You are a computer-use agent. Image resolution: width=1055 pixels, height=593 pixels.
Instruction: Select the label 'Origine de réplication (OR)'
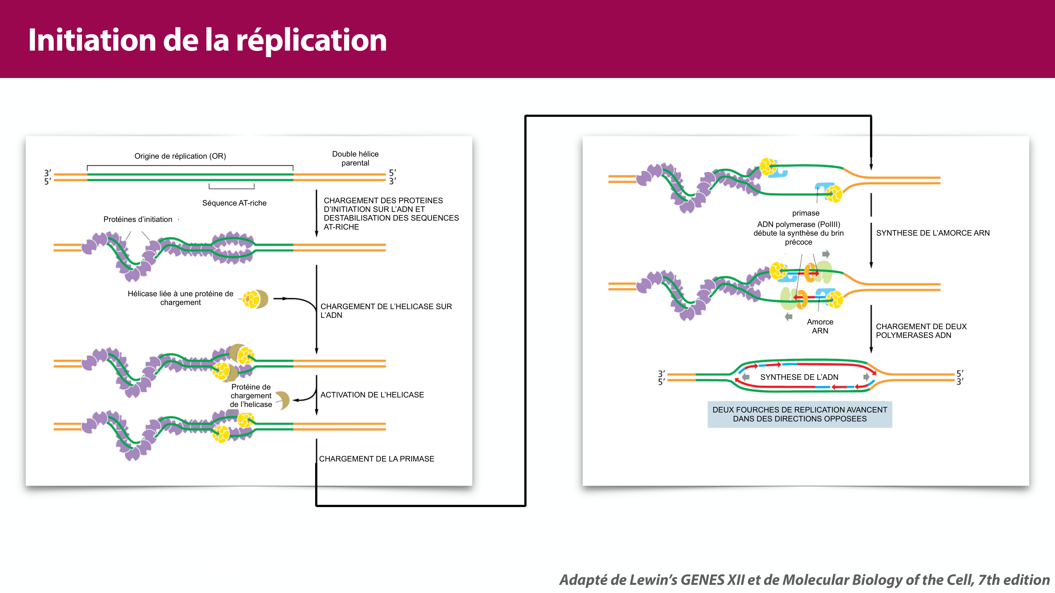(x=180, y=156)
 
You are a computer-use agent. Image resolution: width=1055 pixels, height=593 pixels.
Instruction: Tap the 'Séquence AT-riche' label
(x=234, y=203)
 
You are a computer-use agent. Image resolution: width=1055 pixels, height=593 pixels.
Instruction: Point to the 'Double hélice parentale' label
(x=355, y=158)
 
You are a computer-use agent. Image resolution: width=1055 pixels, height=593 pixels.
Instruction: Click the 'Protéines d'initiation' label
(x=138, y=219)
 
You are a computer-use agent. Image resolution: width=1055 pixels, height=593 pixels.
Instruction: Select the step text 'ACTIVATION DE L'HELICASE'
(x=372, y=395)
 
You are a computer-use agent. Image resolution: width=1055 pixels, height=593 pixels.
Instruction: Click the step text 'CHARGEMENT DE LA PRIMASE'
(x=376, y=459)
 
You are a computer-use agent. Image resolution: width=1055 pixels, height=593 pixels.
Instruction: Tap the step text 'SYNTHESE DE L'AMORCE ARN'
(x=933, y=233)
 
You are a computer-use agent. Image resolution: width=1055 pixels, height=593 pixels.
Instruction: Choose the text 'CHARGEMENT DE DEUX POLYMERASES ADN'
(x=921, y=331)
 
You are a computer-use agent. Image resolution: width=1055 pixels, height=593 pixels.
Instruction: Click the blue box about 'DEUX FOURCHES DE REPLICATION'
(x=799, y=414)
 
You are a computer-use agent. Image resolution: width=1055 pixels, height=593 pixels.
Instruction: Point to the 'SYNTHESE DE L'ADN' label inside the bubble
(x=799, y=377)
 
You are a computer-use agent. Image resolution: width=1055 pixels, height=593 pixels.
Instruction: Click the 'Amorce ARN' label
(x=820, y=326)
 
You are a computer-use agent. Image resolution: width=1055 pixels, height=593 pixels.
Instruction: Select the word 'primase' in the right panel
(x=805, y=213)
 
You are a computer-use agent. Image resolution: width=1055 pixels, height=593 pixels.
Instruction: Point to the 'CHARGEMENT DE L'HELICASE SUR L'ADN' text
(x=386, y=311)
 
